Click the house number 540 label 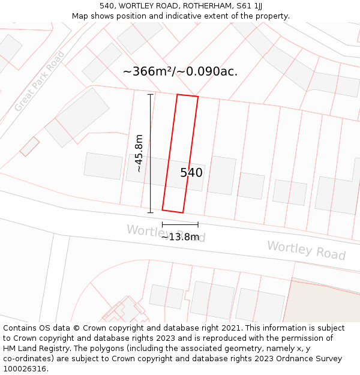point(191,173)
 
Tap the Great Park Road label point(40,82)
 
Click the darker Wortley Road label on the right point(306,250)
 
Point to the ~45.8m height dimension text point(139,153)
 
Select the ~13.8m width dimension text point(180,237)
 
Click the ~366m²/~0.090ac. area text point(180,71)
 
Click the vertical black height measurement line point(151,153)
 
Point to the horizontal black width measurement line point(180,224)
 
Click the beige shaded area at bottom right point(324,303)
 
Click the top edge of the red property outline point(187,96)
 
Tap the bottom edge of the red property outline point(173,211)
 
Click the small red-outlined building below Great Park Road point(29,146)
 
